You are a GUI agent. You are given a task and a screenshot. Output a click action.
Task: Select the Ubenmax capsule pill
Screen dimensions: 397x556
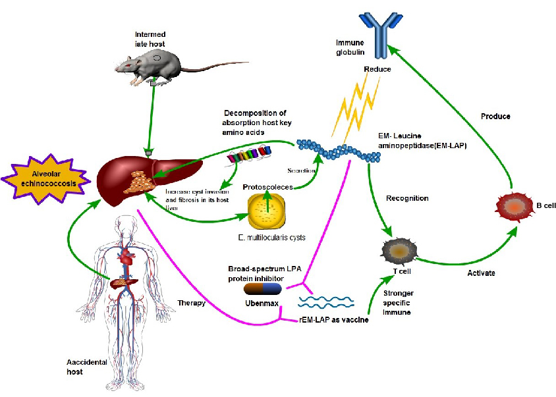(x=263, y=288)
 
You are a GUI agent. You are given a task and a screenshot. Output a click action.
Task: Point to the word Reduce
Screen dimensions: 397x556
(x=377, y=68)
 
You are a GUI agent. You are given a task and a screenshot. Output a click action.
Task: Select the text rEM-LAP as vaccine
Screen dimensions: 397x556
(x=329, y=320)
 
